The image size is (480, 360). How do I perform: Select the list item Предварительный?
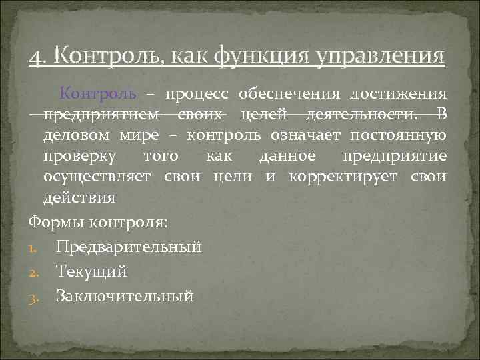(129, 247)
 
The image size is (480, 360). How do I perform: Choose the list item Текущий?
(91, 271)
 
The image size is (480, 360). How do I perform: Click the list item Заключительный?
(125, 295)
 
